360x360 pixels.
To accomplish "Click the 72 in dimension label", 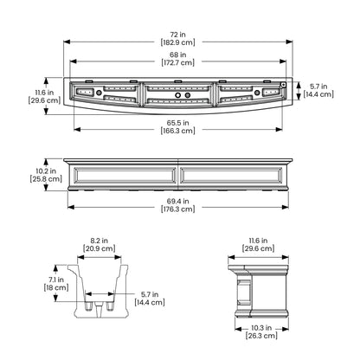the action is pos(177,35).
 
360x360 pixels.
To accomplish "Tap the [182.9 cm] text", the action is pos(177,42).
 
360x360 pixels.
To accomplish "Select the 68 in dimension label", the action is pos(177,55).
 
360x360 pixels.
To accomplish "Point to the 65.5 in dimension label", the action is pos(177,123).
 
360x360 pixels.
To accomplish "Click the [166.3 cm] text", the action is pos(177,131).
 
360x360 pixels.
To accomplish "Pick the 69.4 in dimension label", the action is pos(177,201).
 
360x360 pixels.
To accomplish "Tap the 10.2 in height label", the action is pos(46,171).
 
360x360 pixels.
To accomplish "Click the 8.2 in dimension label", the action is pos(100,241).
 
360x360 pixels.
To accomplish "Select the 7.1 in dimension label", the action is pos(56,280).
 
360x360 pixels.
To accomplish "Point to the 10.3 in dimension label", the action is pos(261,328).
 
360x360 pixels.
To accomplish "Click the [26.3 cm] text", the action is pos(261,336).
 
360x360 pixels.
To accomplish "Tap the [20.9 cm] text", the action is pos(100,248).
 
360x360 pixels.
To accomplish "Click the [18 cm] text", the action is pos(56,287).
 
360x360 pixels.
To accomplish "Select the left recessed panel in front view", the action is pos(125,176).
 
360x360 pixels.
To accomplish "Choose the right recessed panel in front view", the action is pos(231,176).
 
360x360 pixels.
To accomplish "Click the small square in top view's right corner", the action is pos(283,85).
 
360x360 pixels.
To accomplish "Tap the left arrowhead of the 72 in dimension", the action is pos(67,42).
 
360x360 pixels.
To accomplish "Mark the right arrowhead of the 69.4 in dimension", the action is pos(286,207).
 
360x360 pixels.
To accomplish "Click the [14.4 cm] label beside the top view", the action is pos(318,94).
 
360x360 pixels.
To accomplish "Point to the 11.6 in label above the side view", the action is pos(258,241).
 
